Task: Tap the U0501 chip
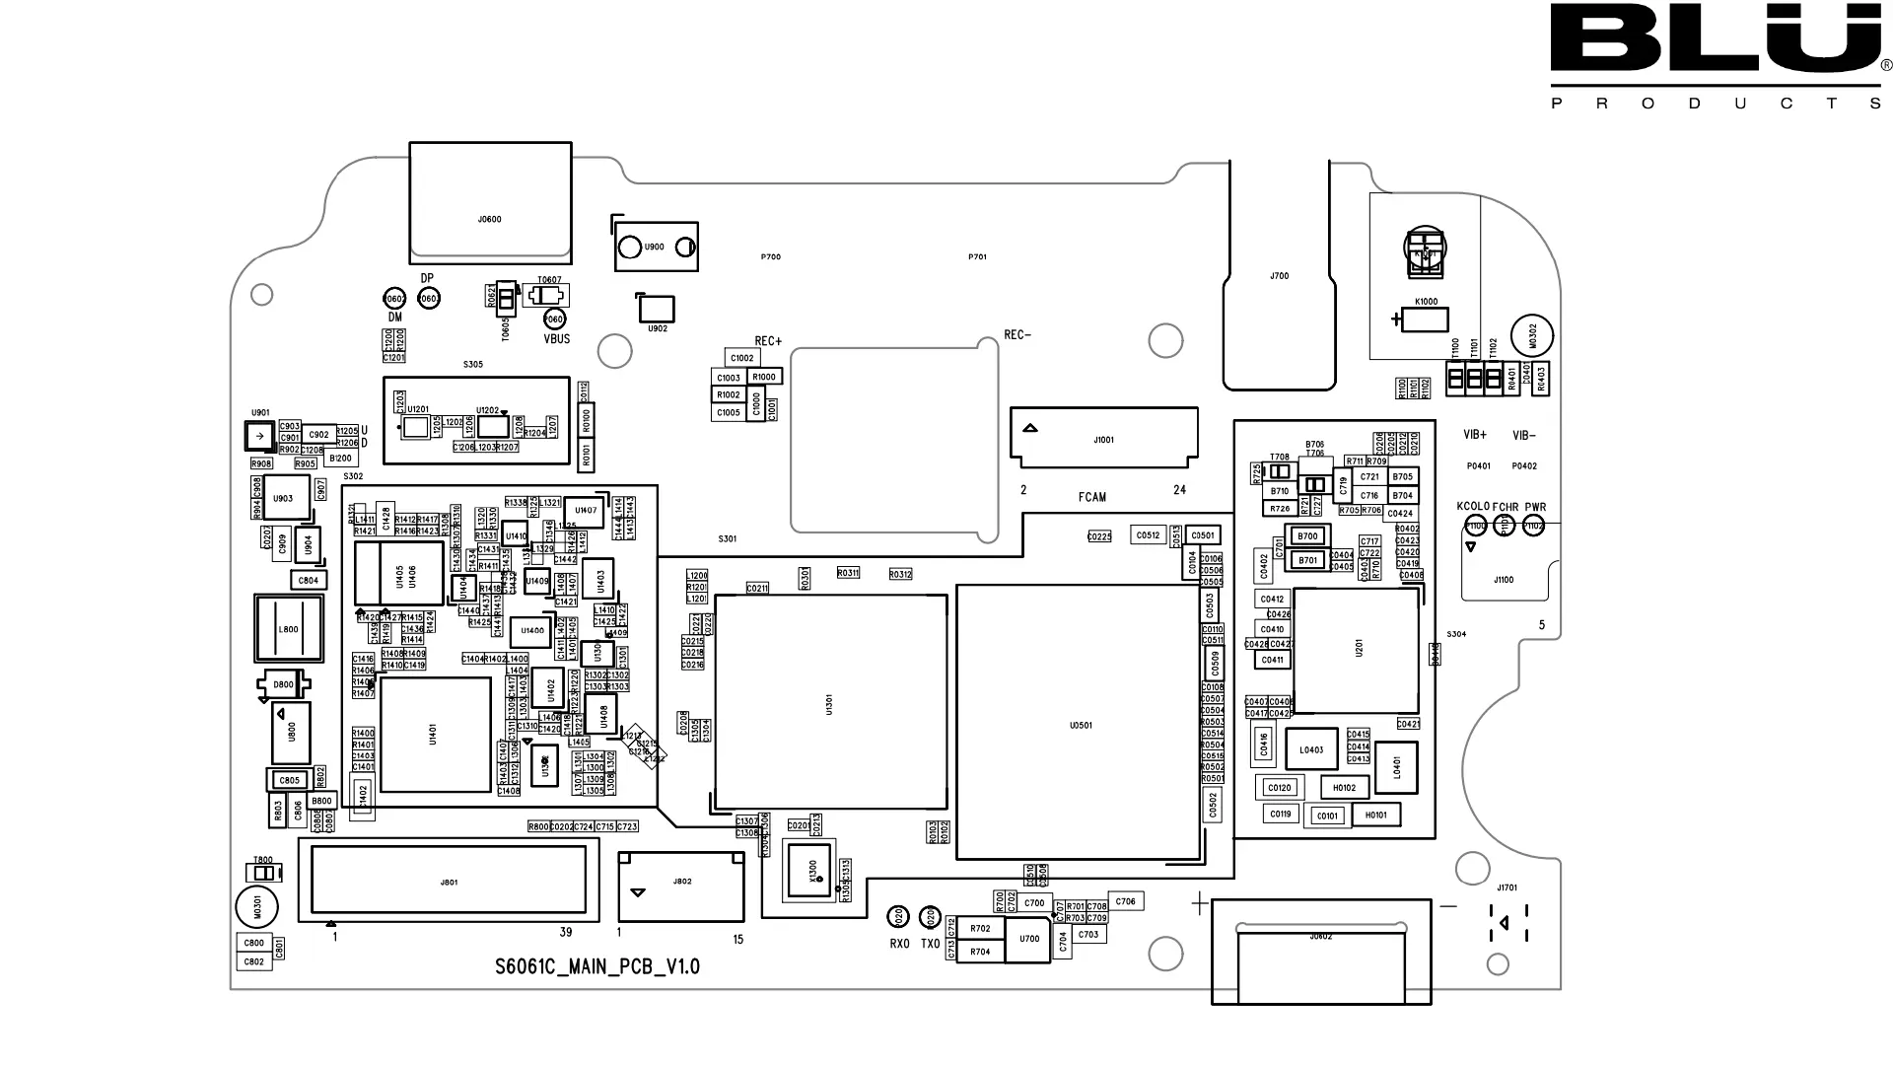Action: (1080, 723)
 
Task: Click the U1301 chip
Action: (830, 702)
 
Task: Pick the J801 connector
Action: (449, 881)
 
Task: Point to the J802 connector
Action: (681, 885)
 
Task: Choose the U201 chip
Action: (1358, 650)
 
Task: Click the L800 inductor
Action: (288, 629)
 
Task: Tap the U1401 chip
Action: (435, 734)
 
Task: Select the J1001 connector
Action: (1103, 438)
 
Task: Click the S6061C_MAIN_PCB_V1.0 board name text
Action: (597, 966)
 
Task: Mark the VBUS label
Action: (557, 339)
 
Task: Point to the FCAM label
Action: (1091, 497)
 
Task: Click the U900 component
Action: (656, 247)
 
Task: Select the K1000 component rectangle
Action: (1426, 319)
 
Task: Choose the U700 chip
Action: (1028, 939)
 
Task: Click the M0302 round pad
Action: (1531, 336)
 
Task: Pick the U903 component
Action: (284, 499)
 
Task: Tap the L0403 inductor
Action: (1311, 749)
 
